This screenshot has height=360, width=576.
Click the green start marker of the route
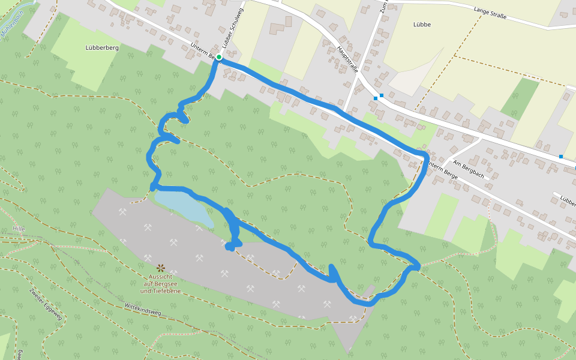pyautogui.click(x=219, y=57)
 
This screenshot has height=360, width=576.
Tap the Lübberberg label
pyautogui.click(x=102, y=47)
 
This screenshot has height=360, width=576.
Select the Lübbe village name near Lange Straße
pyautogui.click(x=422, y=25)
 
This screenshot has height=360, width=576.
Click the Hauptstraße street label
pyautogui.click(x=347, y=59)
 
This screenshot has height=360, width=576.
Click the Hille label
pyautogui.click(x=19, y=229)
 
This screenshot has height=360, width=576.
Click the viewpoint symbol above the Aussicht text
pyautogui.click(x=160, y=268)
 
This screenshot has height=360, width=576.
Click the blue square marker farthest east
pyautogui.click(x=561, y=157)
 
